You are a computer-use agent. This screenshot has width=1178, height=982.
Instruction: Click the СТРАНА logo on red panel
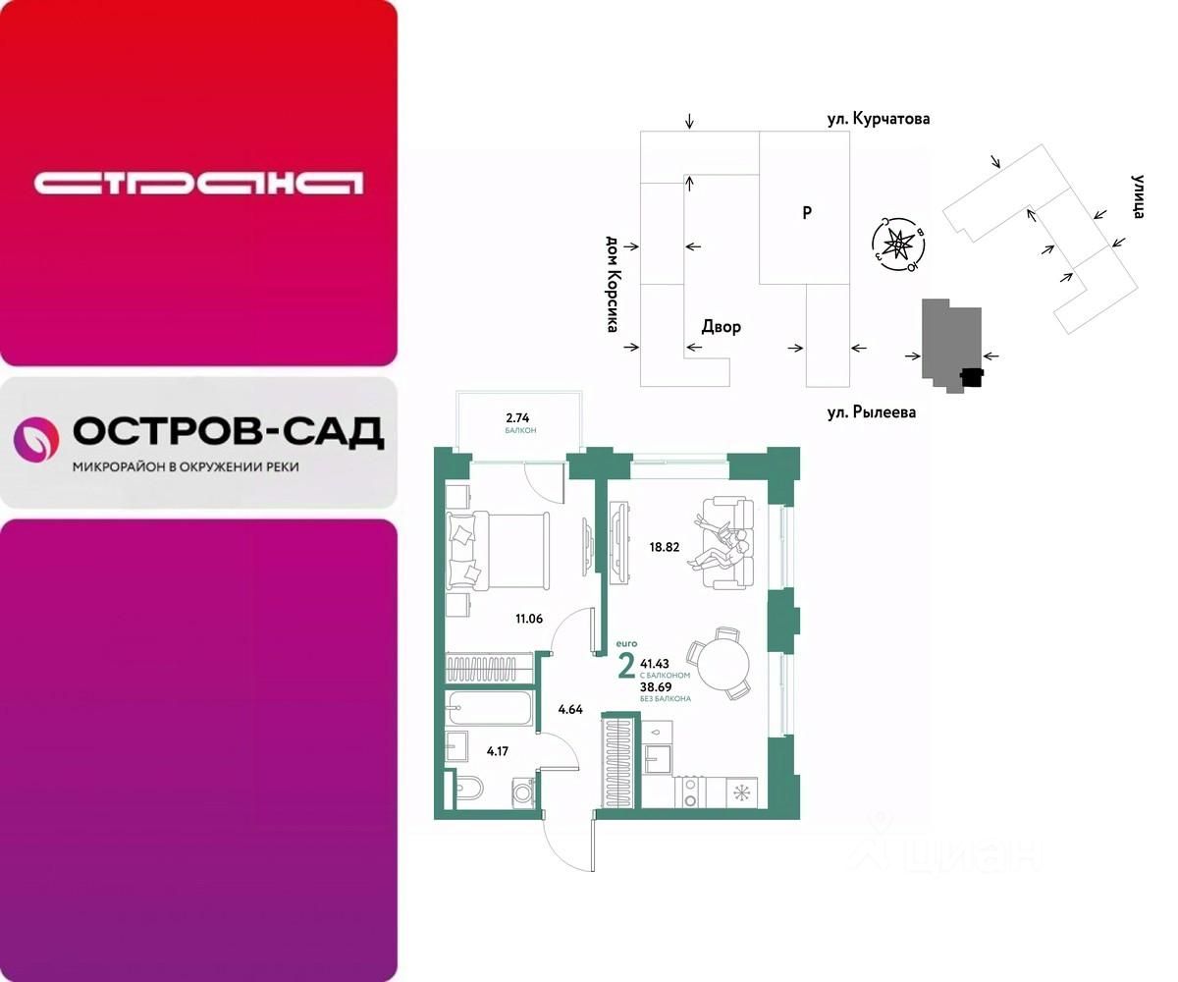(x=198, y=183)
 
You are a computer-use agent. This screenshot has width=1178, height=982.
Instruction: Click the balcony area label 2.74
(x=519, y=417)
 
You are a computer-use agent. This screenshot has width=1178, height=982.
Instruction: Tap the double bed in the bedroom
(x=491, y=552)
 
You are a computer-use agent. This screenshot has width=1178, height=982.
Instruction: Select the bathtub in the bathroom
(x=489, y=705)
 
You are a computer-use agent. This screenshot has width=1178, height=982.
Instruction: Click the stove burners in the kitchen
(x=690, y=791)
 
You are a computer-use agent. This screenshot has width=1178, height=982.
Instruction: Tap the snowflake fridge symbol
(x=743, y=791)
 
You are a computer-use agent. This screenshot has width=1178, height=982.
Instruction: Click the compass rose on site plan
(x=897, y=244)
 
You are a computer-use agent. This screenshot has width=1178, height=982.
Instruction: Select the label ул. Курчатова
(x=877, y=119)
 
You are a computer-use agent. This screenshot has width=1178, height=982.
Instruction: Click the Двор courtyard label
(x=721, y=327)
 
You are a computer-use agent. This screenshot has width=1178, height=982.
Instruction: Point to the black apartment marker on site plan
(x=971, y=377)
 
